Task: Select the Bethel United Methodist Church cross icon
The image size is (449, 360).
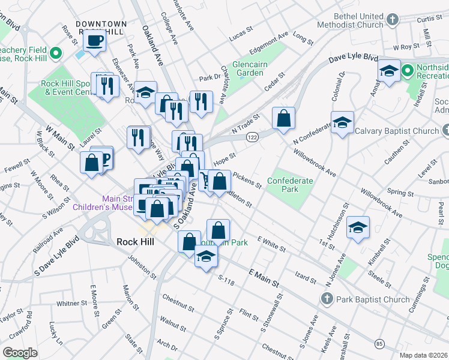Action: pos(393,20)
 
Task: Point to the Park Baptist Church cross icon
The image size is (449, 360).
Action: pos(327,298)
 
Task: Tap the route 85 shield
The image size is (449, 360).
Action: pos(379,344)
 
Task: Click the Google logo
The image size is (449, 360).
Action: pos(20,353)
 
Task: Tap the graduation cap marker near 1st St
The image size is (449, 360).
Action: pos(358,227)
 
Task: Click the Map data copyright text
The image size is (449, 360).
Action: pos(424,355)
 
